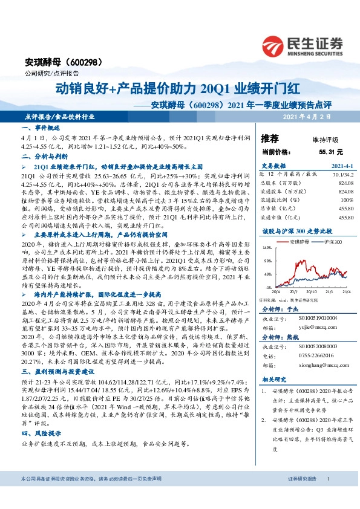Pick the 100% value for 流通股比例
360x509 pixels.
347,199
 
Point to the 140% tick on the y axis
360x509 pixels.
267,248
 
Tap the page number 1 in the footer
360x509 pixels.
327,495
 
